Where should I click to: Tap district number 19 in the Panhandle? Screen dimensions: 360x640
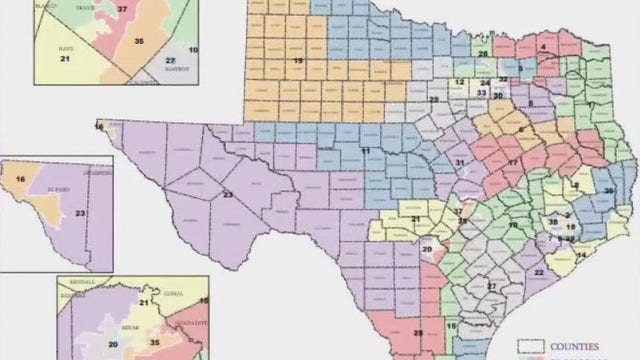298,62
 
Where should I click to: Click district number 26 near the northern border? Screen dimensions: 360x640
482,54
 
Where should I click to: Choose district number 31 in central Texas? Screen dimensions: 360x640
460,162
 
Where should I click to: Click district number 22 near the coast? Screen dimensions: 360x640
539,272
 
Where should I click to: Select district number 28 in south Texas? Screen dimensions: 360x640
418,333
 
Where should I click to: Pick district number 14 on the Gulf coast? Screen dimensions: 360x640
581,256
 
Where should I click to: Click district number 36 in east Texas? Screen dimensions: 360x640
607,191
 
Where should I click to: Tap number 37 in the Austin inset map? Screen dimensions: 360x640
122,10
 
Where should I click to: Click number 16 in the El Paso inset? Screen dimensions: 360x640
20,178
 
